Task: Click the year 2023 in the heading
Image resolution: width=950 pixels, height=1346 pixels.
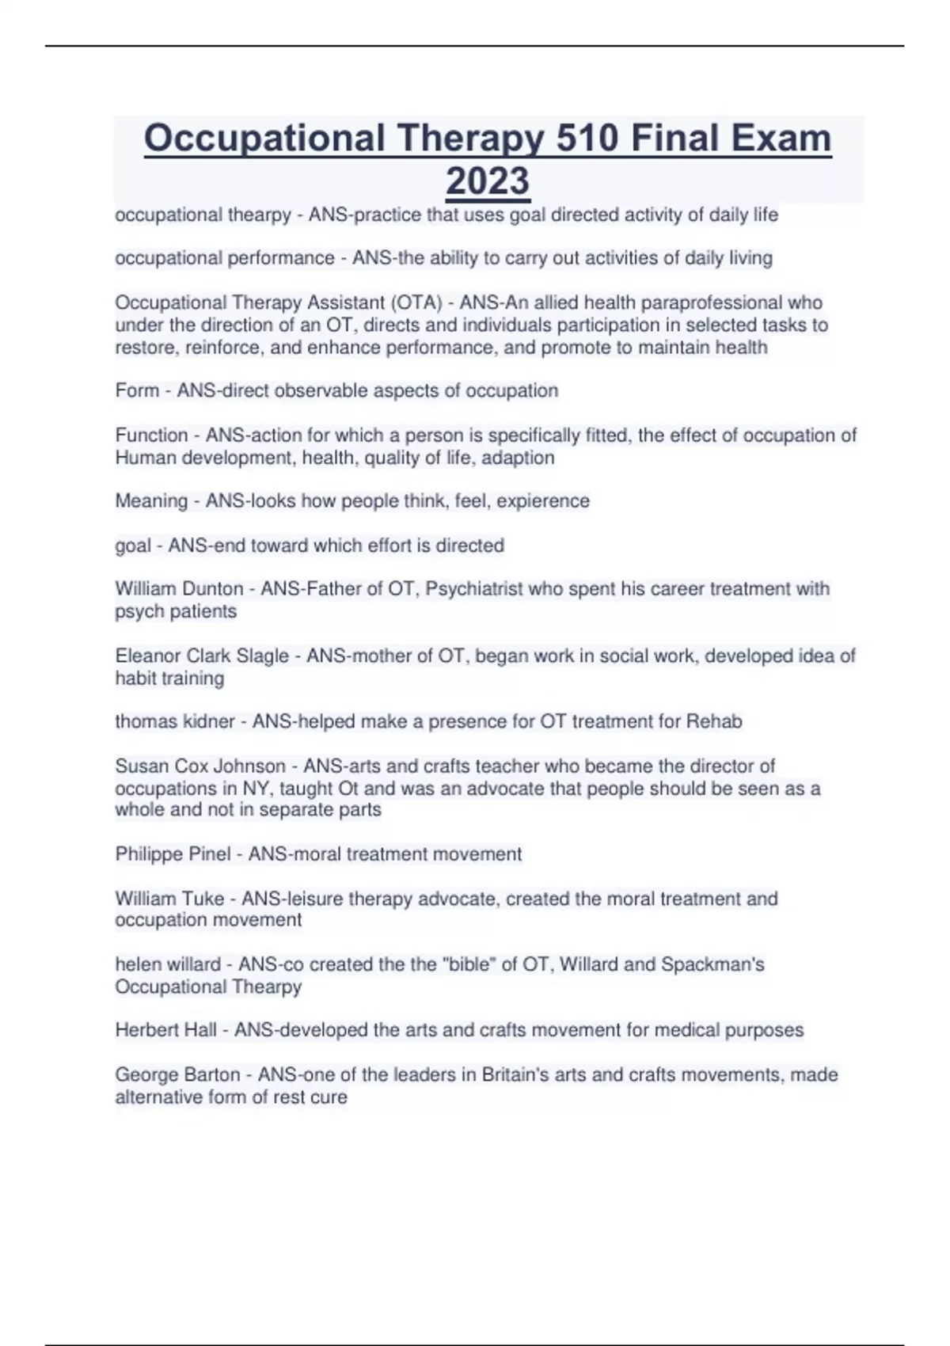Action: pyautogui.click(x=488, y=181)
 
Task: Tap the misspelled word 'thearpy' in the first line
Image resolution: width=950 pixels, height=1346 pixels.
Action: pyautogui.click(x=260, y=215)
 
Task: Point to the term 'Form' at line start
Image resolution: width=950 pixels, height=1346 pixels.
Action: pyautogui.click(x=137, y=390)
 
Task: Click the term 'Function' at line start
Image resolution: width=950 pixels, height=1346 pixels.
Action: pyautogui.click(x=151, y=435)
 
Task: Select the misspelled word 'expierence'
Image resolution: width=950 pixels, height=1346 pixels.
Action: pyautogui.click(x=543, y=500)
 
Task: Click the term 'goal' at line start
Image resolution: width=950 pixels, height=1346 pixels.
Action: pyautogui.click(x=132, y=545)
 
